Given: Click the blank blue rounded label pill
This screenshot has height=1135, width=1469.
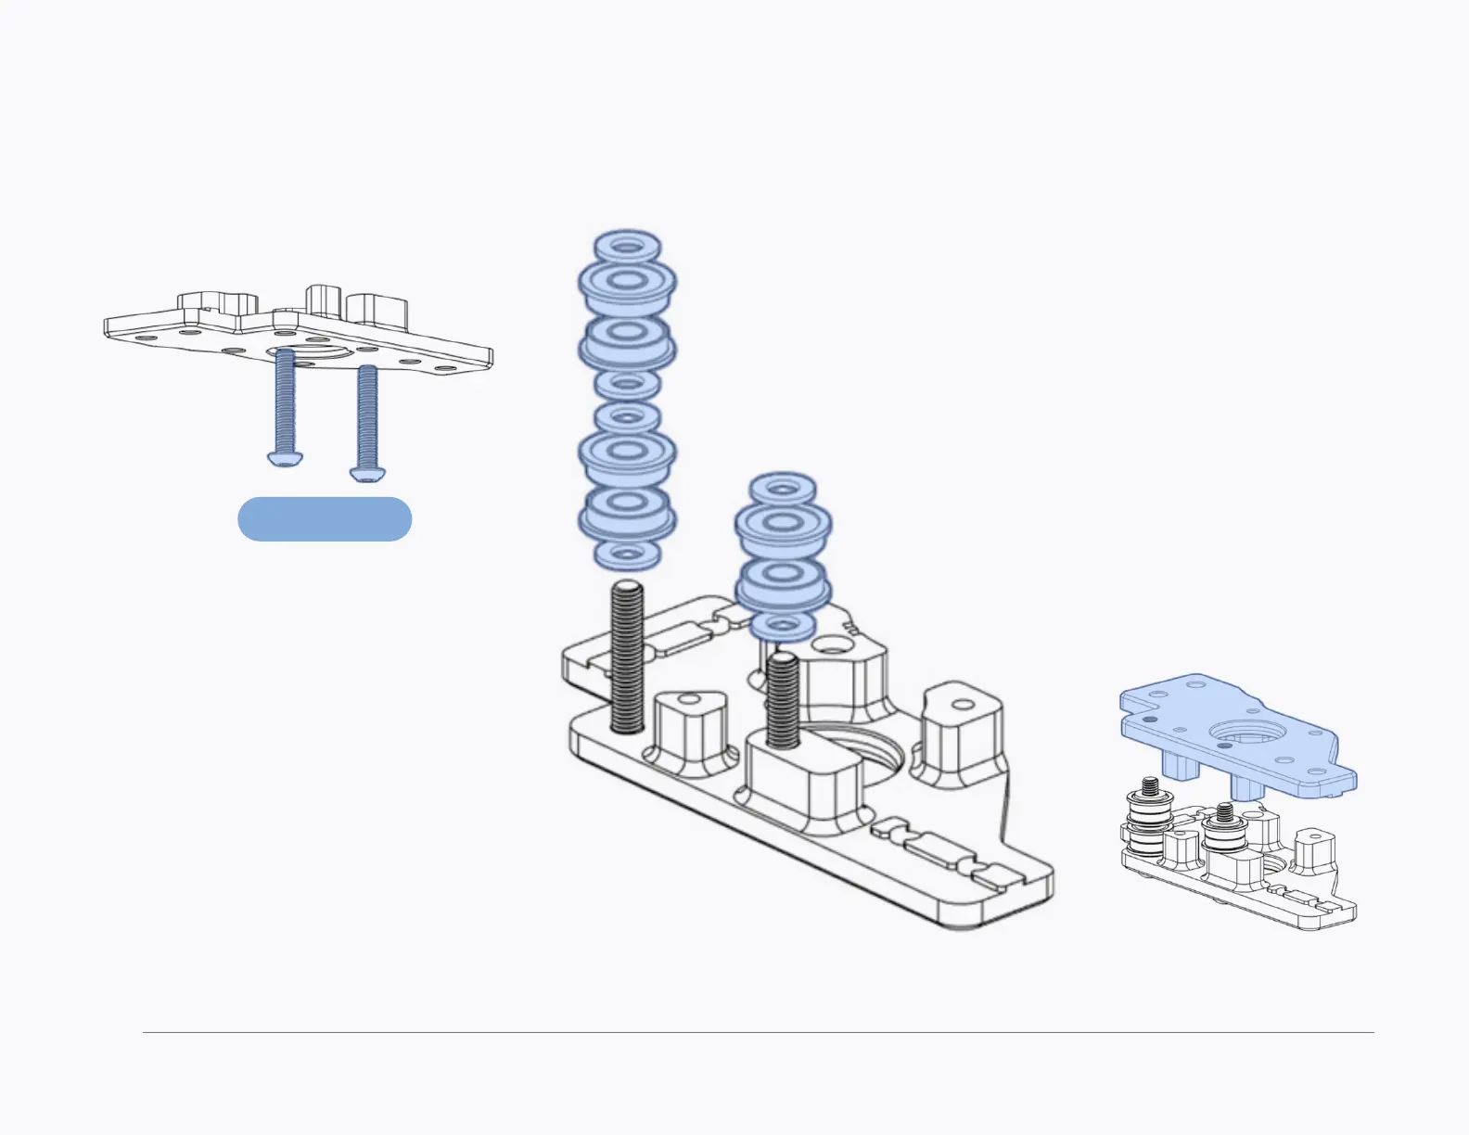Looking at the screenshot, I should tap(325, 519).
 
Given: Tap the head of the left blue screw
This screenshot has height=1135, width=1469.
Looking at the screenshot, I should tap(284, 458).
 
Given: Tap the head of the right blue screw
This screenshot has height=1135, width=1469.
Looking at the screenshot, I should tap(365, 473).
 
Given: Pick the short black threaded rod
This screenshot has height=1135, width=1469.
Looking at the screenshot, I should tap(784, 700).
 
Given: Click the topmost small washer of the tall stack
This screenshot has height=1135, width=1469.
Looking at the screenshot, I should tap(627, 248).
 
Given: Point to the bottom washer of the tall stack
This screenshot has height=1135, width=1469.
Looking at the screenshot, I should tap(627, 554).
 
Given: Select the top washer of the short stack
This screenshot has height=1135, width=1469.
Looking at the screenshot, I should tap(783, 489).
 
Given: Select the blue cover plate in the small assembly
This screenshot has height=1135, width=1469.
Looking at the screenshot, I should tap(1233, 733).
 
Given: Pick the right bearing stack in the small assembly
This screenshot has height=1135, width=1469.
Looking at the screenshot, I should tap(1224, 830).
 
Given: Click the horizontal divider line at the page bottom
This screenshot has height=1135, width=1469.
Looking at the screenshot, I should tap(758, 1032).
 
